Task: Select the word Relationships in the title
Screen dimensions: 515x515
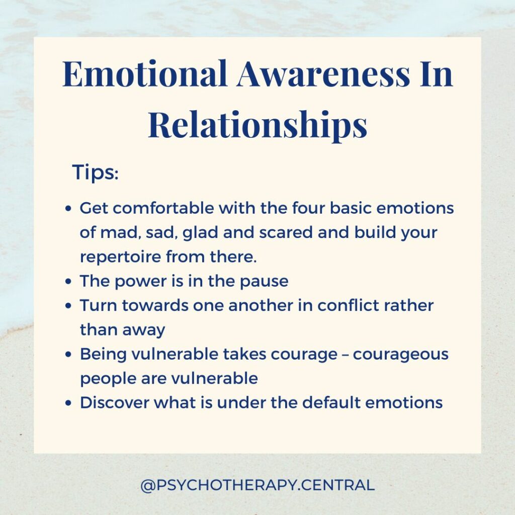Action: pos(257,125)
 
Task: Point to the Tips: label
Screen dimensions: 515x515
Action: pos(95,172)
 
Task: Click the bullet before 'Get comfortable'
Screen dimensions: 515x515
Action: pos(68,208)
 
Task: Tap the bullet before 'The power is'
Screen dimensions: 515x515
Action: pos(68,282)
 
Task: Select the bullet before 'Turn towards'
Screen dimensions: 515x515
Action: pos(68,306)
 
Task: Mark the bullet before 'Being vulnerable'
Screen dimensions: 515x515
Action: pos(68,355)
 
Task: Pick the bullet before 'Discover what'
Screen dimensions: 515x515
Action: pos(68,403)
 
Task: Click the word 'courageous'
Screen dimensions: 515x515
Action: pos(401,355)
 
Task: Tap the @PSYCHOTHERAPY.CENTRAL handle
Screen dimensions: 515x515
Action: pos(257,485)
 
